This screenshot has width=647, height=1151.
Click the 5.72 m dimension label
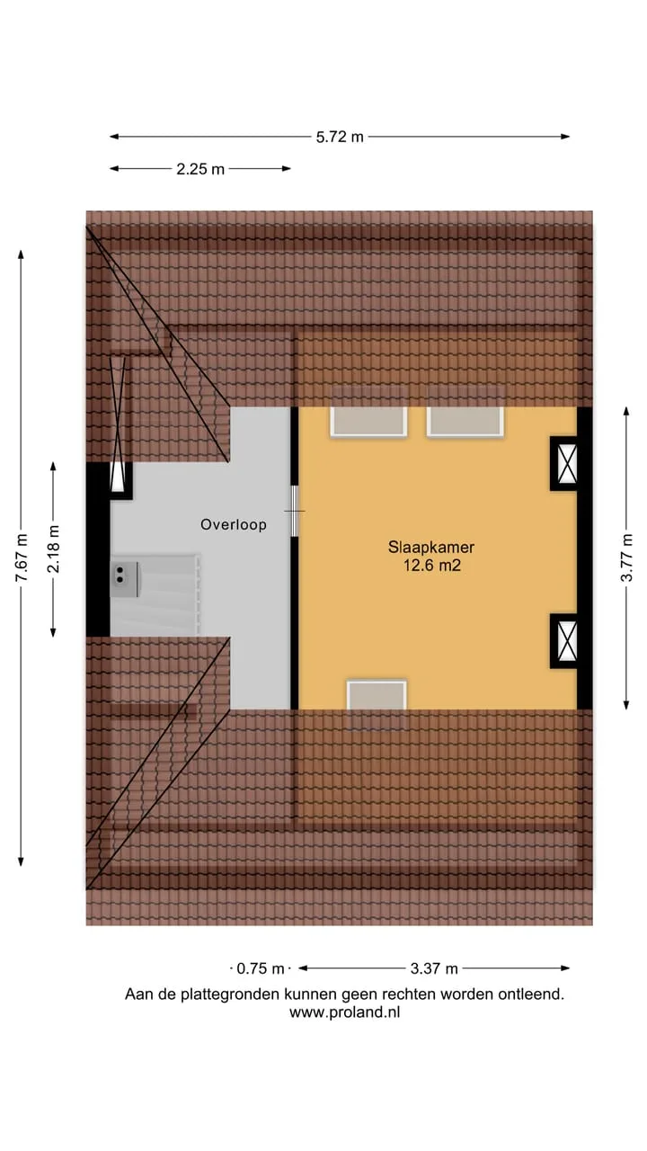coord(340,137)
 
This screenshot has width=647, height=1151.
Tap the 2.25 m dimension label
coord(200,169)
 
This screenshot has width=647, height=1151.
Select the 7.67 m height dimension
coord(21,558)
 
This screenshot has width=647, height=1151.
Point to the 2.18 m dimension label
coord(53,549)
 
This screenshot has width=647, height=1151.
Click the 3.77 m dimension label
coord(626,558)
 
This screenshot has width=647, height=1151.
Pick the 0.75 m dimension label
coord(261,969)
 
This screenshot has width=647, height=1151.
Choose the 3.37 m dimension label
coord(434,969)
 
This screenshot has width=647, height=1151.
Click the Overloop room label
coord(234,524)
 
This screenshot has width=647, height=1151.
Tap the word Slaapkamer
coord(430,548)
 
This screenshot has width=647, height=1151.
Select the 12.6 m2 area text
coord(432,566)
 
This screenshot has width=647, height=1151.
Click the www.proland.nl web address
coord(344,1013)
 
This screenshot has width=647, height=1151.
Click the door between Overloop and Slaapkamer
coord(295,512)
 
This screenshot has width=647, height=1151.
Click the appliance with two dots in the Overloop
coord(125,579)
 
